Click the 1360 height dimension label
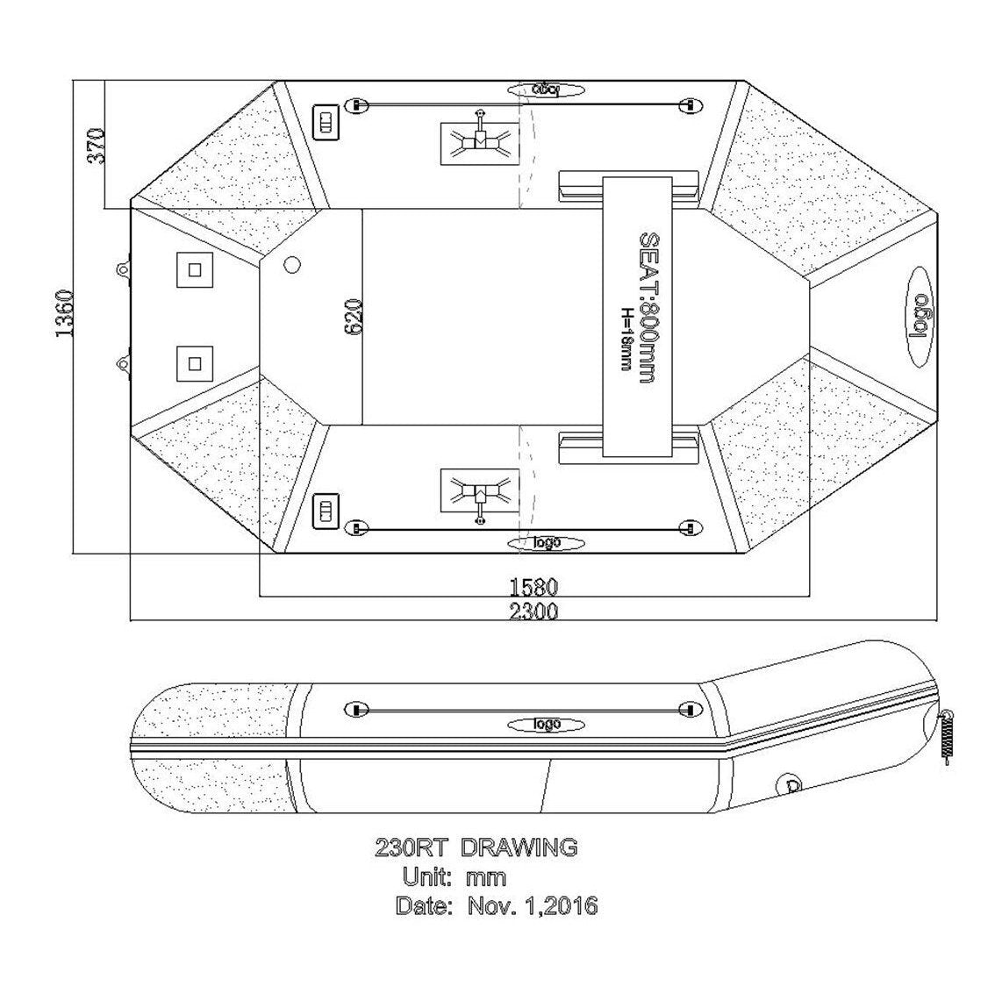[64, 313]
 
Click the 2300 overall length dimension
[533, 611]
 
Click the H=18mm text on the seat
[626, 338]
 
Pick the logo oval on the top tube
[546, 89]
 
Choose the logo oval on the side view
[546, 724]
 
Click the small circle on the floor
[293, 263]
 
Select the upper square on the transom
[194, 269]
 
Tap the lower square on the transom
[194, 361]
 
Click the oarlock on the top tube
[480, 139]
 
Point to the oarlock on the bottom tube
[480, 495]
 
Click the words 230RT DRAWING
[476, 847]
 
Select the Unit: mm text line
[454, 876]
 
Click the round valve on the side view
[791, 784]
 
